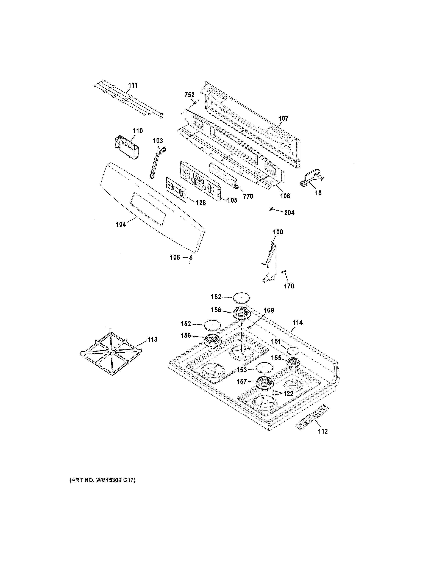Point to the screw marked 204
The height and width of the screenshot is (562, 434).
(x=271, y=209)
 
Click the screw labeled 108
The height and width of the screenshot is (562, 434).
(x=191, y=257)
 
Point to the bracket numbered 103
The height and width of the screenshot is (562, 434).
(x=157, y=163)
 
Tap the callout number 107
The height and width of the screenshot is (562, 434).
(x=283, y=119)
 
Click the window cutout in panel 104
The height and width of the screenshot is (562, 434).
(x=148, y=208)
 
